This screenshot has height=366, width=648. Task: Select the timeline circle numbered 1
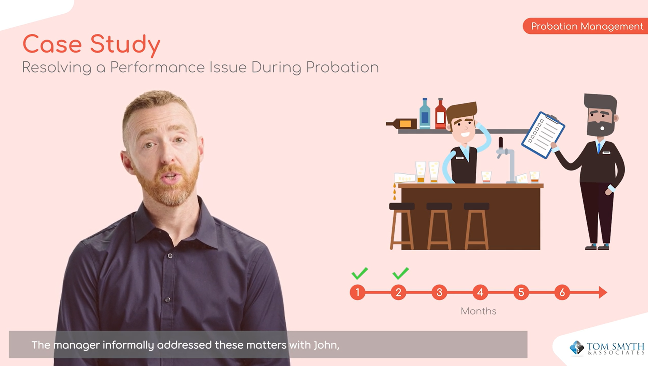(x=357, y=292)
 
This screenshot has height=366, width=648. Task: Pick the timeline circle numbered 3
(x=439, y=292)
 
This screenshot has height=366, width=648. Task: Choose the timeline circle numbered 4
(x=480, y=292)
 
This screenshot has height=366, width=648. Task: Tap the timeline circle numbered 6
(x=562, y=292)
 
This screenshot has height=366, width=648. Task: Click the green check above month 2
(x=400, y=273)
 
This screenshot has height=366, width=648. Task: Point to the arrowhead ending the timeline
(x=603, y=292)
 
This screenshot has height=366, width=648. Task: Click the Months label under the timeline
(x=478, y=311)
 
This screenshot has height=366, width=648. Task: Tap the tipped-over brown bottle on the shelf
(x=402, y=123)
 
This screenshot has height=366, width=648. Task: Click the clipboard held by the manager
(x=543, y=135)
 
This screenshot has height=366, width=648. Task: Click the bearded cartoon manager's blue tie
(x=599, y=147)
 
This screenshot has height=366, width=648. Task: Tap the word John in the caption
(x=326, y=345)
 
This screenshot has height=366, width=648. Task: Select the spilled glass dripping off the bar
(x=404, y=178)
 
